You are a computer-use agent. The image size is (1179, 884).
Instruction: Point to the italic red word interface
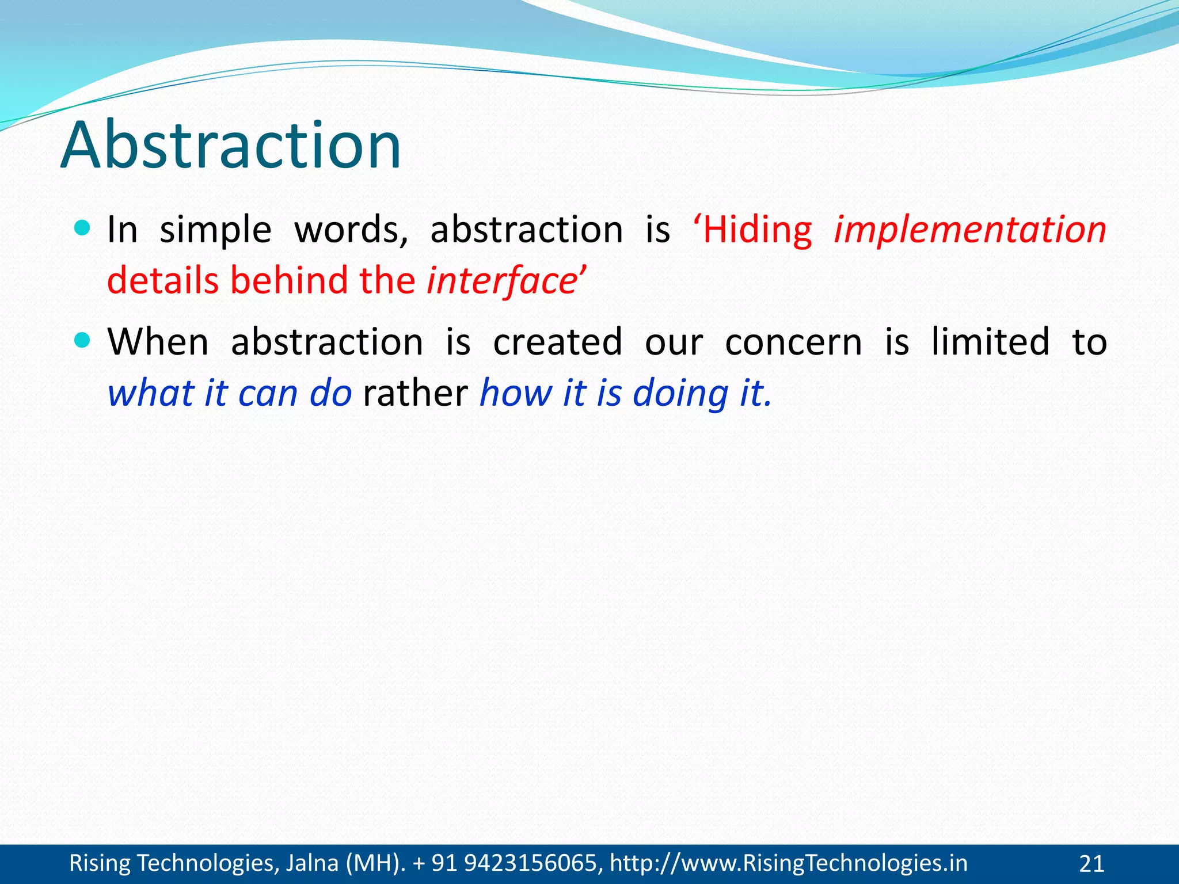tap(501, 281)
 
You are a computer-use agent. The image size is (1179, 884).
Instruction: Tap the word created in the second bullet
tap(557, 342)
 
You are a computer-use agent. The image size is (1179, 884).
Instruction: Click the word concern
tap(793, 342)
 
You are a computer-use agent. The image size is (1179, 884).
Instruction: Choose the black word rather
tap(416, 394)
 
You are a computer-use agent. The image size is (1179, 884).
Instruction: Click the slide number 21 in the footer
tap(1091, 864)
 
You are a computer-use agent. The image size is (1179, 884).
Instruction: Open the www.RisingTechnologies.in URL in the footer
tap(789, 863)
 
